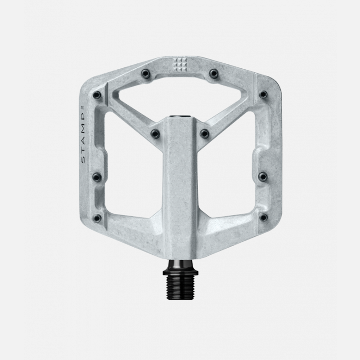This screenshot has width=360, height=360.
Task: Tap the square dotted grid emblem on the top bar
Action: (x=180, y=65)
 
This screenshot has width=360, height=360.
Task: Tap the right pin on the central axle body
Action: (x=205, y=133)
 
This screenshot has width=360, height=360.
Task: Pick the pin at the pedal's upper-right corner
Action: (x=263, y=95)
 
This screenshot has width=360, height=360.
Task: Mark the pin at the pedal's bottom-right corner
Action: (x=263, y=218)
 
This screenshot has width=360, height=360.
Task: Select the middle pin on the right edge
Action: (x=263, y=176)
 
